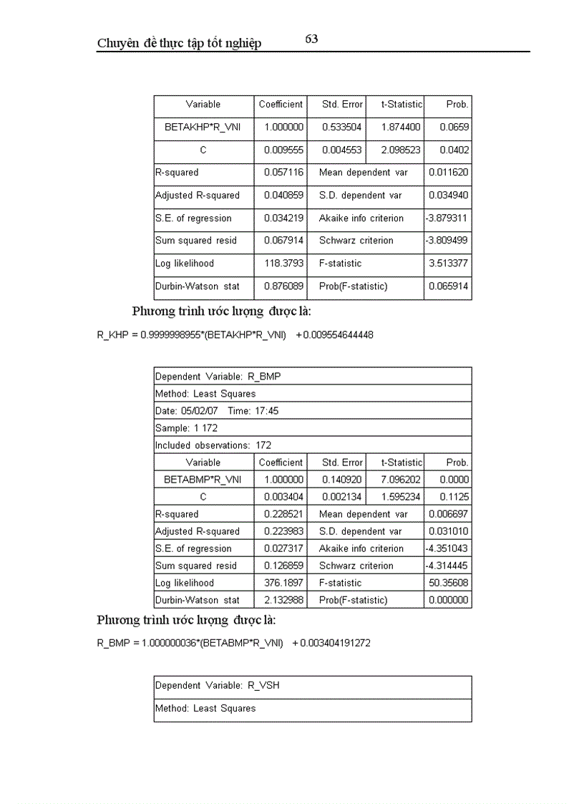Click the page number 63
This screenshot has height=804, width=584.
click(311, 39)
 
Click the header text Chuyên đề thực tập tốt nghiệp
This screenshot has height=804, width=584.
click(179, 44)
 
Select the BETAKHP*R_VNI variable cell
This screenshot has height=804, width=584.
click(203, 127)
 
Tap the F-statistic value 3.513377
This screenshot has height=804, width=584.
click(449, 263)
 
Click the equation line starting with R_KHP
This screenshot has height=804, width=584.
click(235, 334)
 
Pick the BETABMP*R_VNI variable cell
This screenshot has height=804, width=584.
click(203, 480)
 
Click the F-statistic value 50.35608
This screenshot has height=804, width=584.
click(449, 583)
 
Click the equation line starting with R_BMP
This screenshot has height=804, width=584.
click(233, 643)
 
